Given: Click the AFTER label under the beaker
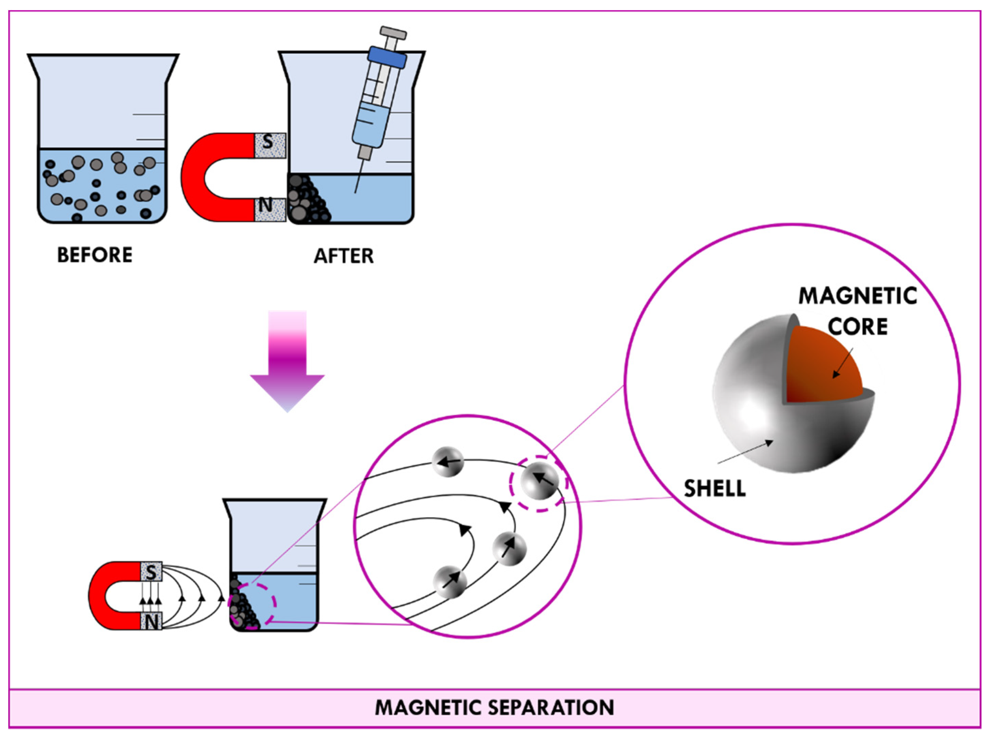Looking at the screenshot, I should click(343, 256).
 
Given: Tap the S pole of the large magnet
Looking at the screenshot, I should click(269, 145).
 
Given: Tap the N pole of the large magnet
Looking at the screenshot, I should click(269, 209).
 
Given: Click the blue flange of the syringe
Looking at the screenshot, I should click(387, 57).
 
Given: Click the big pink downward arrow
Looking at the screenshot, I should click(287, 363).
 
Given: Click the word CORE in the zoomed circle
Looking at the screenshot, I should click(857, 327).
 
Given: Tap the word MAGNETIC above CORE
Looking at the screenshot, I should click(857, 296).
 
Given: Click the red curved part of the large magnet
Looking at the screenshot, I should click(192, 177).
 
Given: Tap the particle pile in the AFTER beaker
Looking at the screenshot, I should click(304, 201).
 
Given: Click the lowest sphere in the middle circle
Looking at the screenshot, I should click(450, 582).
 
